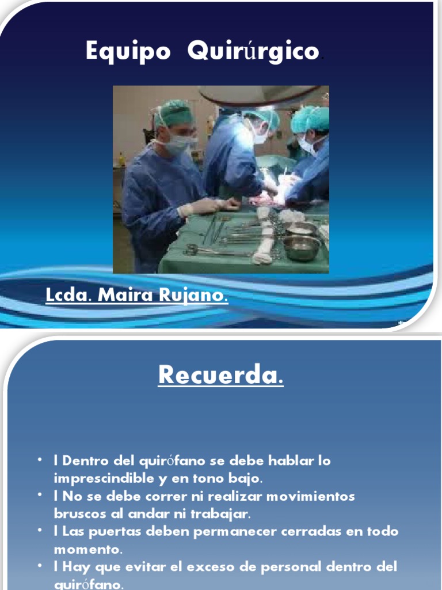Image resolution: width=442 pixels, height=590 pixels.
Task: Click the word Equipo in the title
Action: tap(128, 52)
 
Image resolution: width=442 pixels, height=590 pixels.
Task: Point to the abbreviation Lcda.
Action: tap(68, 296)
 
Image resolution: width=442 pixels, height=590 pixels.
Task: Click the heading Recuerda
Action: tap(220, 376)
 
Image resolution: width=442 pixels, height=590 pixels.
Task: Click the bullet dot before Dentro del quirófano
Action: tap(39, 460)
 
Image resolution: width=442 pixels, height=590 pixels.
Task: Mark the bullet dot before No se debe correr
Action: tap(39, 495)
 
